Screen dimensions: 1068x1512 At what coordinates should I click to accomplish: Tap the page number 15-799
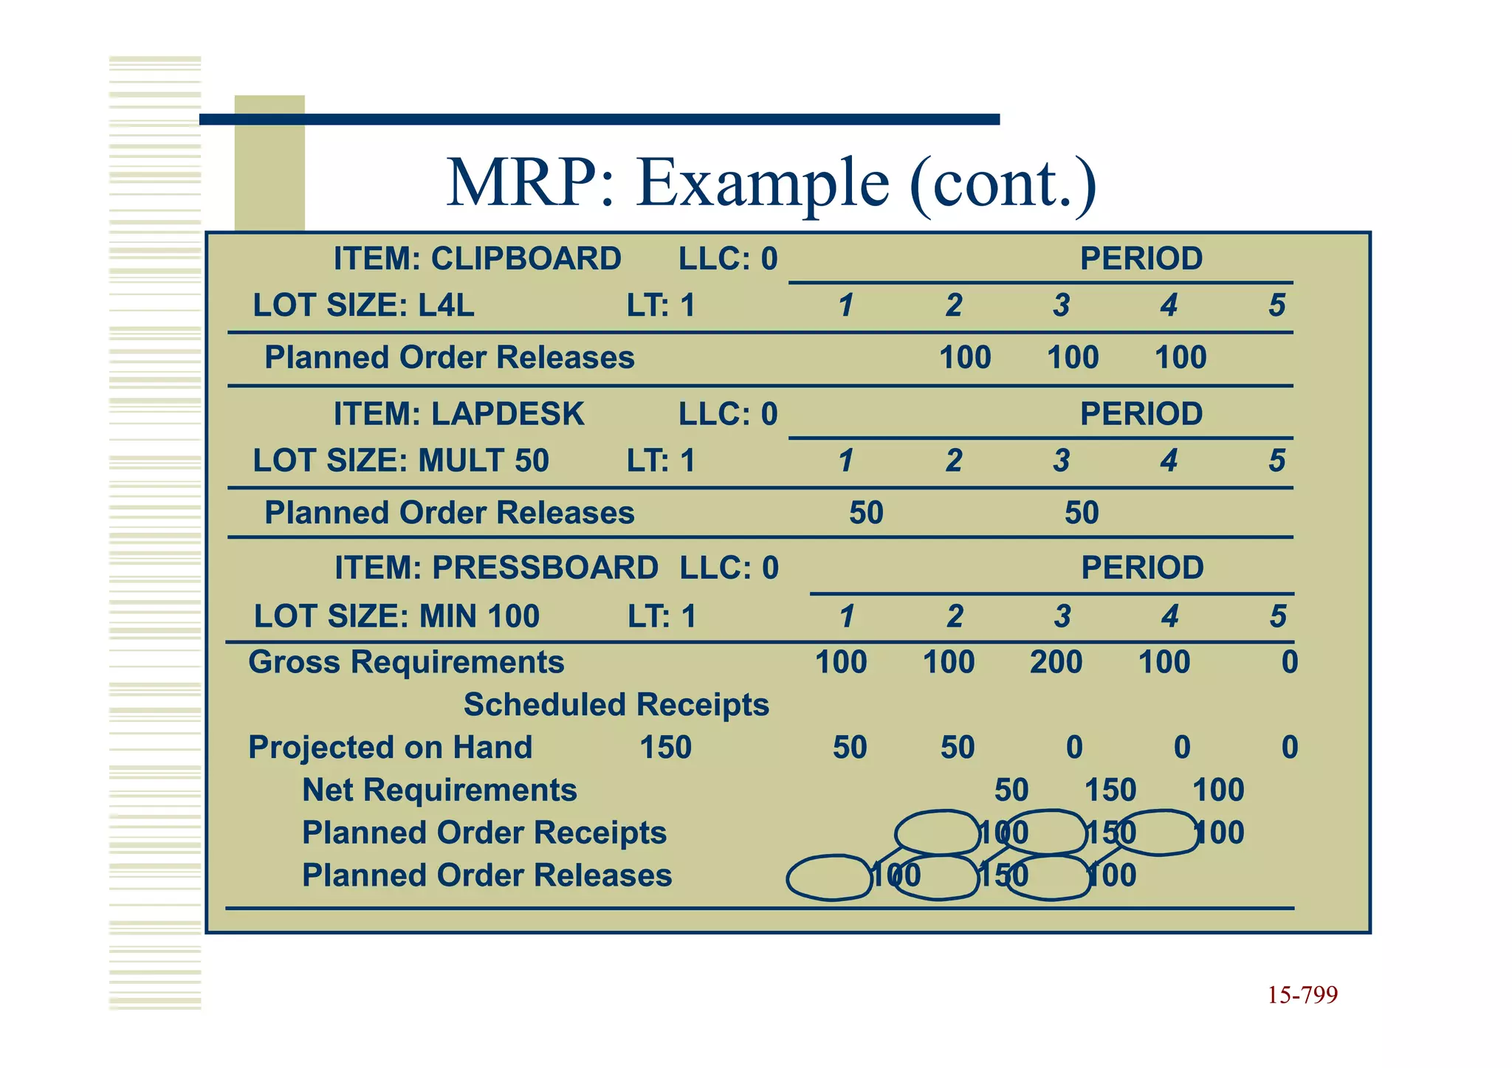coord(1302,995)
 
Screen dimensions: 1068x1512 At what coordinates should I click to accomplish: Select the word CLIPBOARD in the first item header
coord(526,258)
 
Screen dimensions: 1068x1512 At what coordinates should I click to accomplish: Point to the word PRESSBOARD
coord(545,568)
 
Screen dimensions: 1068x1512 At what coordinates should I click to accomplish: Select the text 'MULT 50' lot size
coord(484,461)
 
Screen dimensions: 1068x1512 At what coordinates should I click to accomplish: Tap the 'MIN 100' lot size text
coord(479,616)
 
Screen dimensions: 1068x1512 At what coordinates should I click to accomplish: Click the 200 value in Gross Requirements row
coord(1056,662)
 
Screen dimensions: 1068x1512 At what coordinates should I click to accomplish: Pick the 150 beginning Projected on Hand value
coord(665,748)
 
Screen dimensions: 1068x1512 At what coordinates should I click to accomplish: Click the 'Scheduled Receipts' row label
coord(616,705)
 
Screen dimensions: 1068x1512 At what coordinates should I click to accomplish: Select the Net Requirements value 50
coord(1011,790)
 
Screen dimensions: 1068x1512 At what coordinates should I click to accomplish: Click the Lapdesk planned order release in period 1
coord(866,513)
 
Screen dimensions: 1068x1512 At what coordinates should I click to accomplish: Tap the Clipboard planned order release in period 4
coord(1180,358)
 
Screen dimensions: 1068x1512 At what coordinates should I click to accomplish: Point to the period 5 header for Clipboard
coord(1276,306)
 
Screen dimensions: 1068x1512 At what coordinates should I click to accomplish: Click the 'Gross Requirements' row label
coord(406,662)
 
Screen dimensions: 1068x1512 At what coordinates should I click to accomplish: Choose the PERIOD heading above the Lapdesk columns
coord(1141,414)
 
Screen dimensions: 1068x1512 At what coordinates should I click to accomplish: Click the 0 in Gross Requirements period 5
coord(1289,662)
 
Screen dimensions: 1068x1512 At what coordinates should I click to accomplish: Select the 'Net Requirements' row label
coord(439,790)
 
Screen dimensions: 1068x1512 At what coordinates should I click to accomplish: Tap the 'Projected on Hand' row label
coord(390,748)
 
